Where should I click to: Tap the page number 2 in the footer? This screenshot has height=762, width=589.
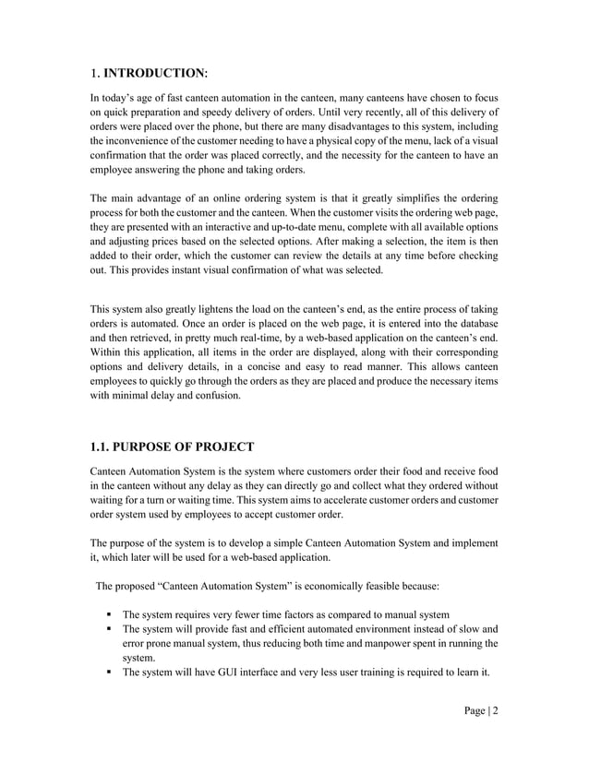pos(495,720)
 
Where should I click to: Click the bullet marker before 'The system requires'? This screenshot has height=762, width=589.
pos(109,614)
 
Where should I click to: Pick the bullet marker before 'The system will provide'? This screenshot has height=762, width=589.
pos(109,629)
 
